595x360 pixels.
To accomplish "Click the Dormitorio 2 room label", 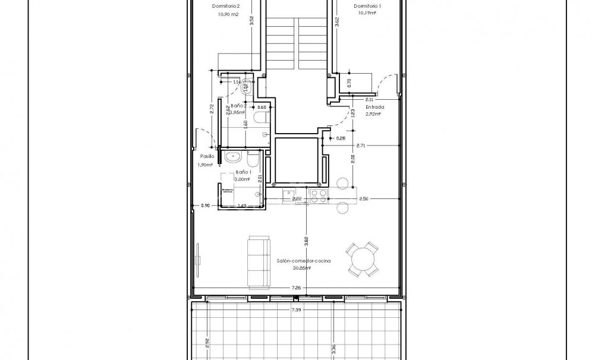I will click(225, 7).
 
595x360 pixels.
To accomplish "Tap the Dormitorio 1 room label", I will click(367, 7).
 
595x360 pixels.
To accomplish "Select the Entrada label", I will click(374, 108).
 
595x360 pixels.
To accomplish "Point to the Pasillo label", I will click(206, 156).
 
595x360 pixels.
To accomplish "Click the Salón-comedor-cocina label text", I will click(303, 261).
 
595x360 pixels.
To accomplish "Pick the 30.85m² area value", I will click(303, 268).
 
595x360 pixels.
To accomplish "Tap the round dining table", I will click(362, 259).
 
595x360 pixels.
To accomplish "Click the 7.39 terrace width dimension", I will click(295, 310).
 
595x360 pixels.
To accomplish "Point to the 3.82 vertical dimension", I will click(306, 242).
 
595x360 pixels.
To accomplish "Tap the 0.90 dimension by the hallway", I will click(206, 206).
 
